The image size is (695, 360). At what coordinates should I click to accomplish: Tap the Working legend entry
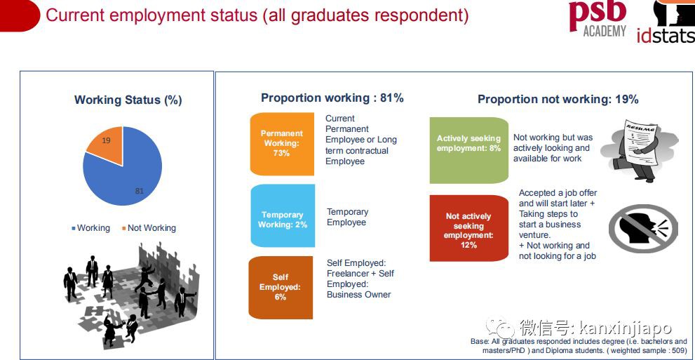click(91, 228)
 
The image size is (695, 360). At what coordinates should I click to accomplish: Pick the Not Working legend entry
click(149, 228)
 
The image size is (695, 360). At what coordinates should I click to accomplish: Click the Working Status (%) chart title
click(128, 100)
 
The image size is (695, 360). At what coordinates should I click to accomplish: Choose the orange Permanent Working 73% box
click(282, 144)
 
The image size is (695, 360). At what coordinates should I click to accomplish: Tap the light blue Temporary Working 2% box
click(283, 216)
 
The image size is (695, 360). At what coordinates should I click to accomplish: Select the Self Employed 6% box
click(281, 287)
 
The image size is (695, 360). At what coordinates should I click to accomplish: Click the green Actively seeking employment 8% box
click(469, 150)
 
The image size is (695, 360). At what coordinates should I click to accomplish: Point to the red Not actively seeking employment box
click(469, 228)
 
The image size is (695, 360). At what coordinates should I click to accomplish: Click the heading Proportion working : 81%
click(332, 98)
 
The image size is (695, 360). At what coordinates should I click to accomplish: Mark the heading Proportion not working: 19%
click(558, 99)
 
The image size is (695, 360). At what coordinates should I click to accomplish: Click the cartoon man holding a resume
click(640, 151)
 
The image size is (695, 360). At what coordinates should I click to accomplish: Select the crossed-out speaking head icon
click(642, 228)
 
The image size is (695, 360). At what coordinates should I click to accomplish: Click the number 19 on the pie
click(106, 140)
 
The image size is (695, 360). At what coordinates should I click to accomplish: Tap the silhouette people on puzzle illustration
click(130, 295)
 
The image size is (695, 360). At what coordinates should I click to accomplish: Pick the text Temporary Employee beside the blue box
click(348, 218)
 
